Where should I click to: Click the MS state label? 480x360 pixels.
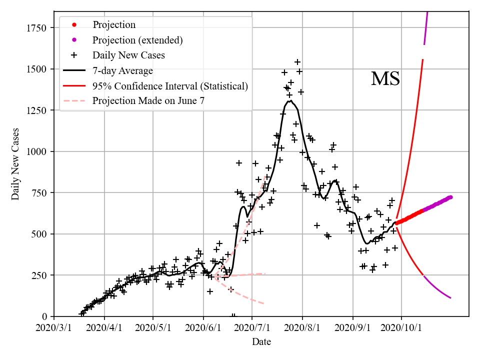(385, 79)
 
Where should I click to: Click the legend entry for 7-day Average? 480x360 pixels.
(122, 70)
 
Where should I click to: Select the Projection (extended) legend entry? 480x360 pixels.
(137, 39)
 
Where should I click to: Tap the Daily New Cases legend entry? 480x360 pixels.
(128, 55)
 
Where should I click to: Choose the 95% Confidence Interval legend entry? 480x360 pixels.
(170, 86)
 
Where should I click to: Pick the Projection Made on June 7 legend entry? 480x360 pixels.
(148, 101)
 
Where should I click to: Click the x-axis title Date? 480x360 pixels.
(261, 342)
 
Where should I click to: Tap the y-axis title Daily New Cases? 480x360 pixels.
(15, 163)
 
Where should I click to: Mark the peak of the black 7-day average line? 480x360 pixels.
(290, 101)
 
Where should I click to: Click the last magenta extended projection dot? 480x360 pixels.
(450, 197)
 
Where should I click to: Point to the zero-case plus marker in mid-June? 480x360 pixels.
(233, 316)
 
